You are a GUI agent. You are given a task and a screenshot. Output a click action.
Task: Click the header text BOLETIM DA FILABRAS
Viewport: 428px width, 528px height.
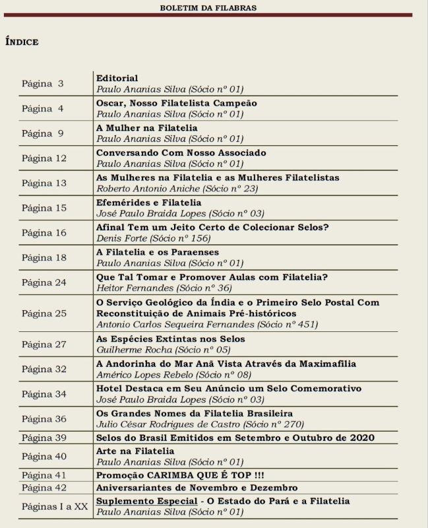(208, 8)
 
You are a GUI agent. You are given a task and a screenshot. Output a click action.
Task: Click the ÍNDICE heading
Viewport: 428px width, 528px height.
(22, 42)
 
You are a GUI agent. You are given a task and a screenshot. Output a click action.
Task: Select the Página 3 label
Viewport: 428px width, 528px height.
(43, 84)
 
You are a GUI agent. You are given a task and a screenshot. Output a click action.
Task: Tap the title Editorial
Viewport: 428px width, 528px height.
(117, 78)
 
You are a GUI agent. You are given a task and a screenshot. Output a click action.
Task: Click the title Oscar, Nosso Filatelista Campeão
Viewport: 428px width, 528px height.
(177, 103)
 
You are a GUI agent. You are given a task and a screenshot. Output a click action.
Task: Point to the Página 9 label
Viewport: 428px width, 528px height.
(43, 133)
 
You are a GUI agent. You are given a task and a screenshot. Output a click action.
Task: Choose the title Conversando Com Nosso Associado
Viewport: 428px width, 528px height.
(181, 152)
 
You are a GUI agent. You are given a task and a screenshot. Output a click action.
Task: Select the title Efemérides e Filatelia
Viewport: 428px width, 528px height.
(149, 203)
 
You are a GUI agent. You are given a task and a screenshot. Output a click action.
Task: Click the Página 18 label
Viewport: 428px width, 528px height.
(44, 257)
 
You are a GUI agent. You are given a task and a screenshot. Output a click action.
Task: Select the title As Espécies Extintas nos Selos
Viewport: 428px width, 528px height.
(171, 339)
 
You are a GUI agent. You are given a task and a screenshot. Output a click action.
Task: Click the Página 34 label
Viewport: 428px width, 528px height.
(44, 394)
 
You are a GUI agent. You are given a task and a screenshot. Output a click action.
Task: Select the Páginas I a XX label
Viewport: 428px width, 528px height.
(55, 506)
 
